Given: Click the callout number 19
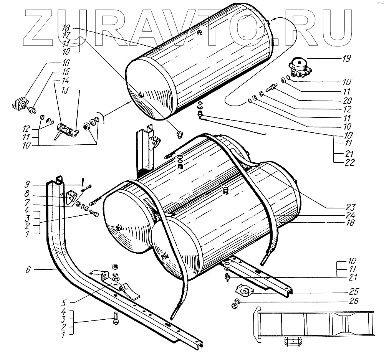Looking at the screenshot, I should (346, 59).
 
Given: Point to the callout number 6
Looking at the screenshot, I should (28, 270).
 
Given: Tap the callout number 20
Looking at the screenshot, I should (347, 101).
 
